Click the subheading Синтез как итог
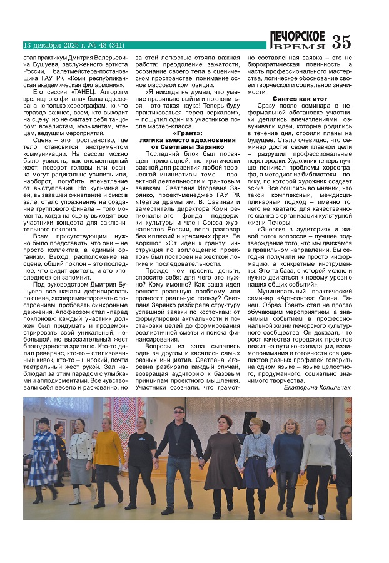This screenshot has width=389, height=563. pyautogui.click(x=300, y=99)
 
